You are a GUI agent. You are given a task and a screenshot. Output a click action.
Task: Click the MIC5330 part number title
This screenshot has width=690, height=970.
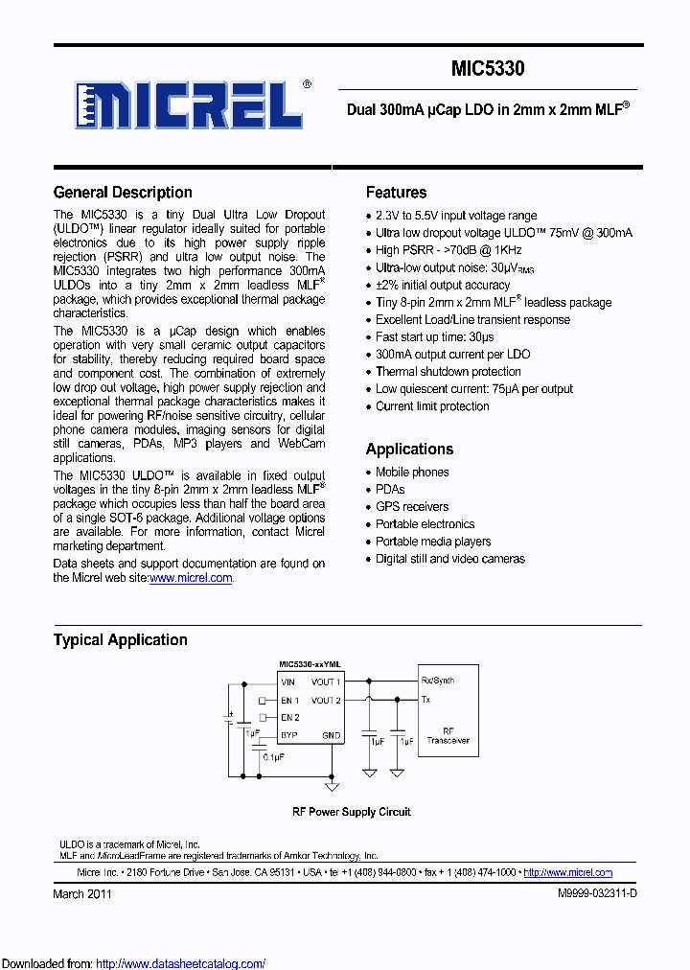click(x=488, y=69)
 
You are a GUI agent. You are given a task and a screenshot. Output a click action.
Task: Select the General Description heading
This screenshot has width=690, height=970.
click(x=123, y=193)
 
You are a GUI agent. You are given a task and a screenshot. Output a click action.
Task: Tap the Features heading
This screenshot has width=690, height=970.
click(x=396, y=193)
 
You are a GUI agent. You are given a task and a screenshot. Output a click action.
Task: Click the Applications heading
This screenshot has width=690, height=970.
click(x=409, y=449)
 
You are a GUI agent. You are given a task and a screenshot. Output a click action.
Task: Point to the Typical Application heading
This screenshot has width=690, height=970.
click(x=121, y=640)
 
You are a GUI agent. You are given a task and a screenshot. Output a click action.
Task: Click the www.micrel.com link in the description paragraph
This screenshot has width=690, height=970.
click(x=191, y=578)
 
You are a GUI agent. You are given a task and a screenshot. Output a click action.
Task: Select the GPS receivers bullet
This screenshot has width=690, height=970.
click(x=411, y=507)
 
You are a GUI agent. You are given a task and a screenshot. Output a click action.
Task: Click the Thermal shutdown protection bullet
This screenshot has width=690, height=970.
click(x=448, y=372)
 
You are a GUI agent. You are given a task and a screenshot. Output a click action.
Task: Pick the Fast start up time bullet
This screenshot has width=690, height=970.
click(x=434, y=337)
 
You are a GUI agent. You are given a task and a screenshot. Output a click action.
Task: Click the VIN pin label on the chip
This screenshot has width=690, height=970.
click(x=288, y=682)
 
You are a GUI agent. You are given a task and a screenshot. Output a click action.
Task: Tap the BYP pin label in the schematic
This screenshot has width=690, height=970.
click(x=288, y=735)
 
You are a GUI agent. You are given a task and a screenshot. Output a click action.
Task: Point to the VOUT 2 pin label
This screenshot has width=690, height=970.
click(x=326, y=700)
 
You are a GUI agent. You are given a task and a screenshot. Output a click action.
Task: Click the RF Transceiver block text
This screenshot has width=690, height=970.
click(x=448, y=735)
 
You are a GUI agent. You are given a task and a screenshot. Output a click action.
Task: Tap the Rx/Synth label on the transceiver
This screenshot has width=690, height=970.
click(x=438, y=681)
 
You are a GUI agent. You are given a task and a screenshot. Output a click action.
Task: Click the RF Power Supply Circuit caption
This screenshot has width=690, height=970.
click(x=351, y=812)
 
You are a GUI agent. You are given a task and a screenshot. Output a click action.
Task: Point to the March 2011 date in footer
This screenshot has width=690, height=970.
click(x=82, y=893)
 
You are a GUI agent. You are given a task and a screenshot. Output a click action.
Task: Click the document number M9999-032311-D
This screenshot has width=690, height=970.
click(x=597, y=893)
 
